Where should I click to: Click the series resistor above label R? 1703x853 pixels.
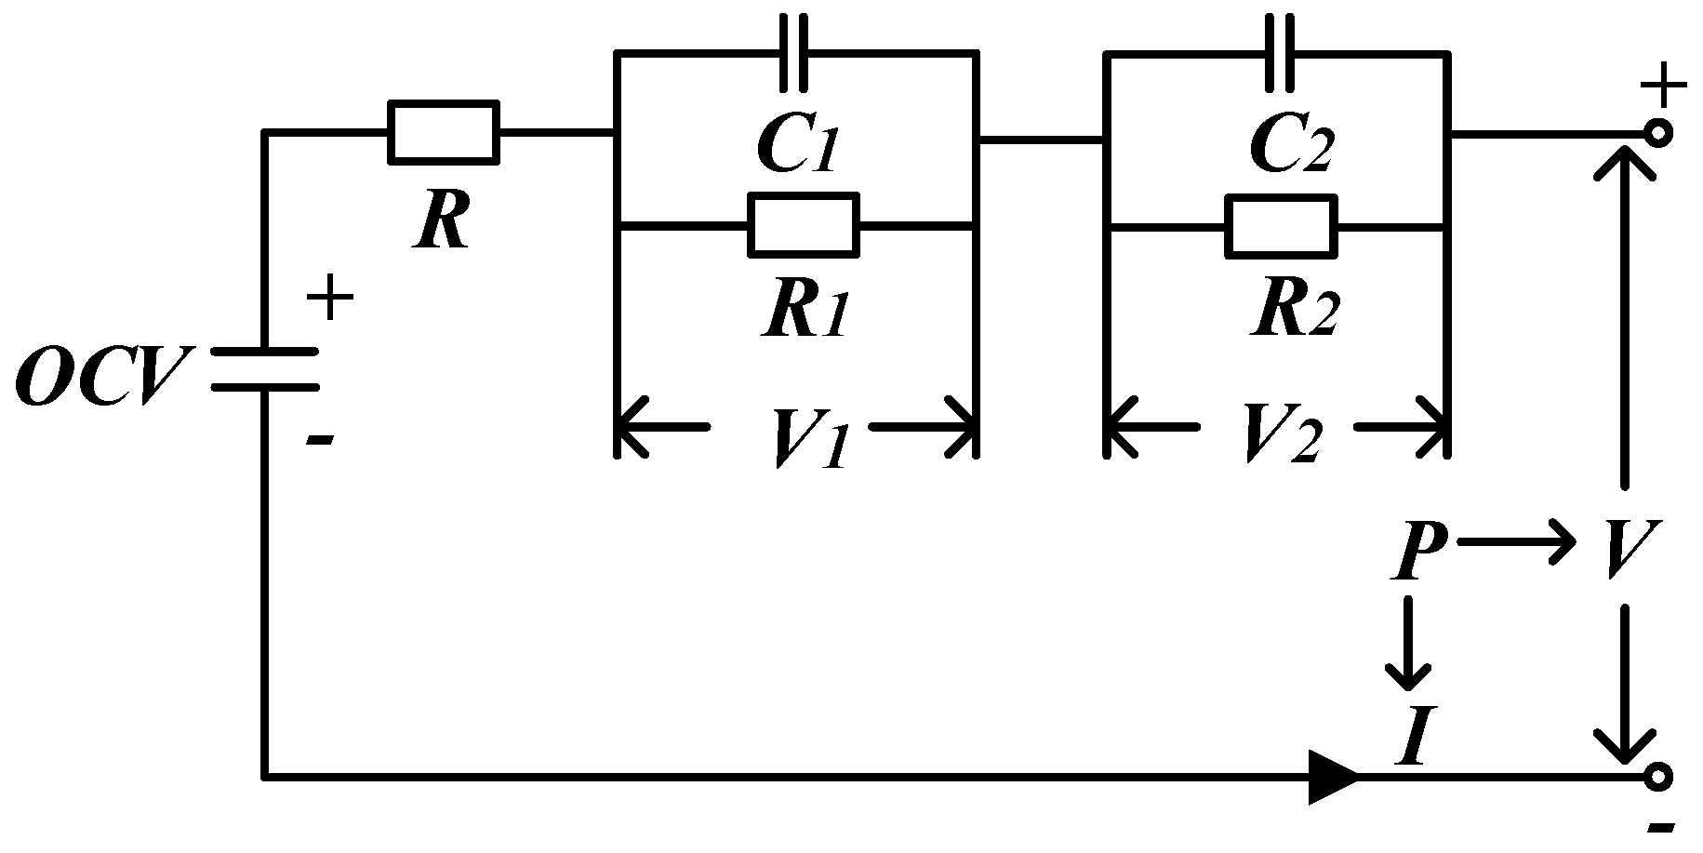click(x=443, y=133)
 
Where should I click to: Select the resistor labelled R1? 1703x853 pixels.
click(x=803, y=225)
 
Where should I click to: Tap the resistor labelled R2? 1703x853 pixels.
click(x=1281, y=225)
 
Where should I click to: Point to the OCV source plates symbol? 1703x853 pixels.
click(x=265, y=368)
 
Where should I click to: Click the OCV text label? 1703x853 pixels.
click(x=100, y=376)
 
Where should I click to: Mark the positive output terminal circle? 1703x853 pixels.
click(x=1658, y=133)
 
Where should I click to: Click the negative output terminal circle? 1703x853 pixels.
click(x=1658, y=777)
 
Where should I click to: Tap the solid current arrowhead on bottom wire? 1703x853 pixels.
click(x=1332, y=777)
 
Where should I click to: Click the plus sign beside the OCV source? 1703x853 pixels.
click(x=329, y=300)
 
